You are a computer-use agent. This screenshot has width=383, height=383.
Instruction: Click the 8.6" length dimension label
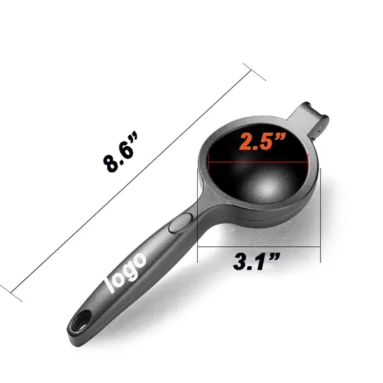point(120,152)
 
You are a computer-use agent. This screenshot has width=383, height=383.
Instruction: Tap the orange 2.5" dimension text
point(262,142)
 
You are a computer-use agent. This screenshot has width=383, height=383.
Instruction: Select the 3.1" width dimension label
point(256,261)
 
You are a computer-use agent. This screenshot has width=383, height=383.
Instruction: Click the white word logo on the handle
point(126,272)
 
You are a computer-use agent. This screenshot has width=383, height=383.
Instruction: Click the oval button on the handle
point(181,222)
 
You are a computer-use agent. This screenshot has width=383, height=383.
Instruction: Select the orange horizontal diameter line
point(258,161)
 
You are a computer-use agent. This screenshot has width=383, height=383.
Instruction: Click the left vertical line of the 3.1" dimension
point(197,215)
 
